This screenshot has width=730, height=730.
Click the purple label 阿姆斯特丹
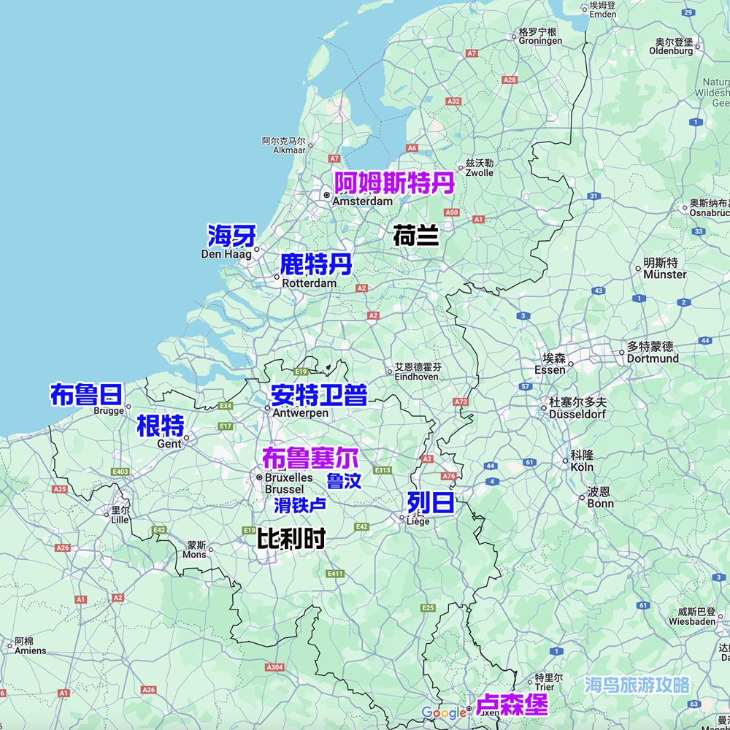pos(394,182)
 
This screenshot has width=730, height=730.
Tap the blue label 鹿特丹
pos(316,264)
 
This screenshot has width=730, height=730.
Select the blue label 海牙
pos(231,236)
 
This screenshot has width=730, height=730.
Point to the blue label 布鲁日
pos(85,394)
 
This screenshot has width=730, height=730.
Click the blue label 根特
pos(160,425)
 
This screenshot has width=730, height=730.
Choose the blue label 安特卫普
pos(318,395)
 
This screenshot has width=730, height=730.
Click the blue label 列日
pos(431,502)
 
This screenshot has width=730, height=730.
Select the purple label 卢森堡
pos(512,704)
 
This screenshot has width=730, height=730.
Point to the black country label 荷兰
pos(415,236)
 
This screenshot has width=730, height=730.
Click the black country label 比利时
pos(291,539)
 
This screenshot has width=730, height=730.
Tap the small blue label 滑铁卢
pos(299,504)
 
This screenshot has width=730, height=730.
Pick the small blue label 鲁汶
pos(343,481)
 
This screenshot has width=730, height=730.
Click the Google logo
pos(444,712)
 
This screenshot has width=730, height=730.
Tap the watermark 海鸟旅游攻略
pos(637,685)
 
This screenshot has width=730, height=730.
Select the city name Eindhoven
pos(416,377)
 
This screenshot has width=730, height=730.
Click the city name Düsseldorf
pos(577,414)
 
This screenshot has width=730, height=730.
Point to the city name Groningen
pos(540,42)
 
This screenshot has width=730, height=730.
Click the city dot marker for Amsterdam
pos(327,196)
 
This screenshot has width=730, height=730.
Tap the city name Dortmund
pos(653,358)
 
